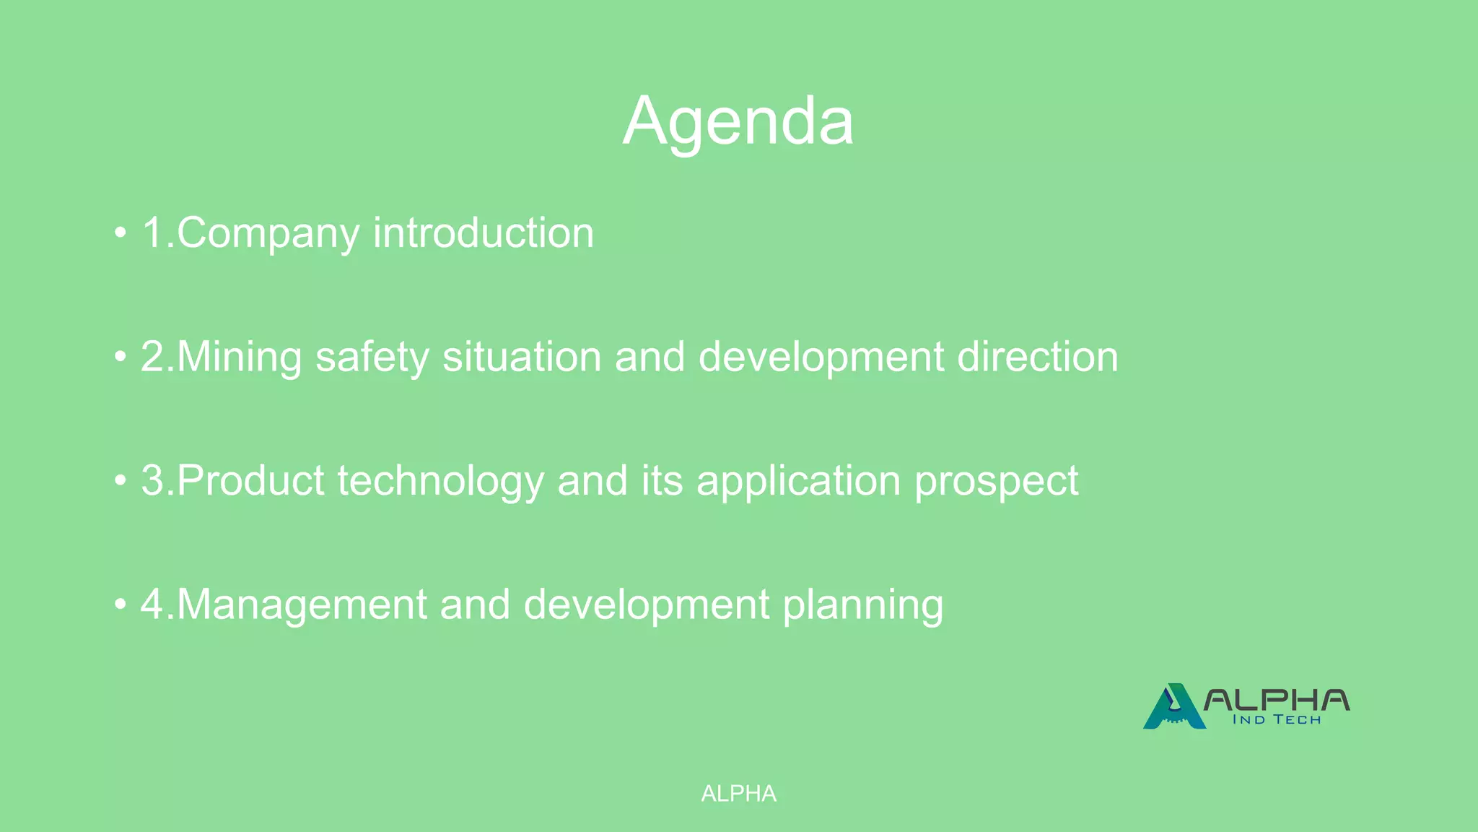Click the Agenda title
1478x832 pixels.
(x=738, y=121)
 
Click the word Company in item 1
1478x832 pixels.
(x=268, y=233)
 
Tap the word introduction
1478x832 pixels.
(x=483, y=233)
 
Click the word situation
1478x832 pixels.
(x=522, y=357)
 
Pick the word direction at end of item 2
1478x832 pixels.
(x=1037, y=357)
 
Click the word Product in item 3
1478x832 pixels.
(x=250, y=481)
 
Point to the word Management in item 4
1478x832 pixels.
(x=302, y=604)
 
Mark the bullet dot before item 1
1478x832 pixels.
(x=120, y=234)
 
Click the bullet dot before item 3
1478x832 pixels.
(x=120, y=482)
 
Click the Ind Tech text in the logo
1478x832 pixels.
(x=1276, y=719)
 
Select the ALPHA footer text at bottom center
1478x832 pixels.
(x=738, y=794)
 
